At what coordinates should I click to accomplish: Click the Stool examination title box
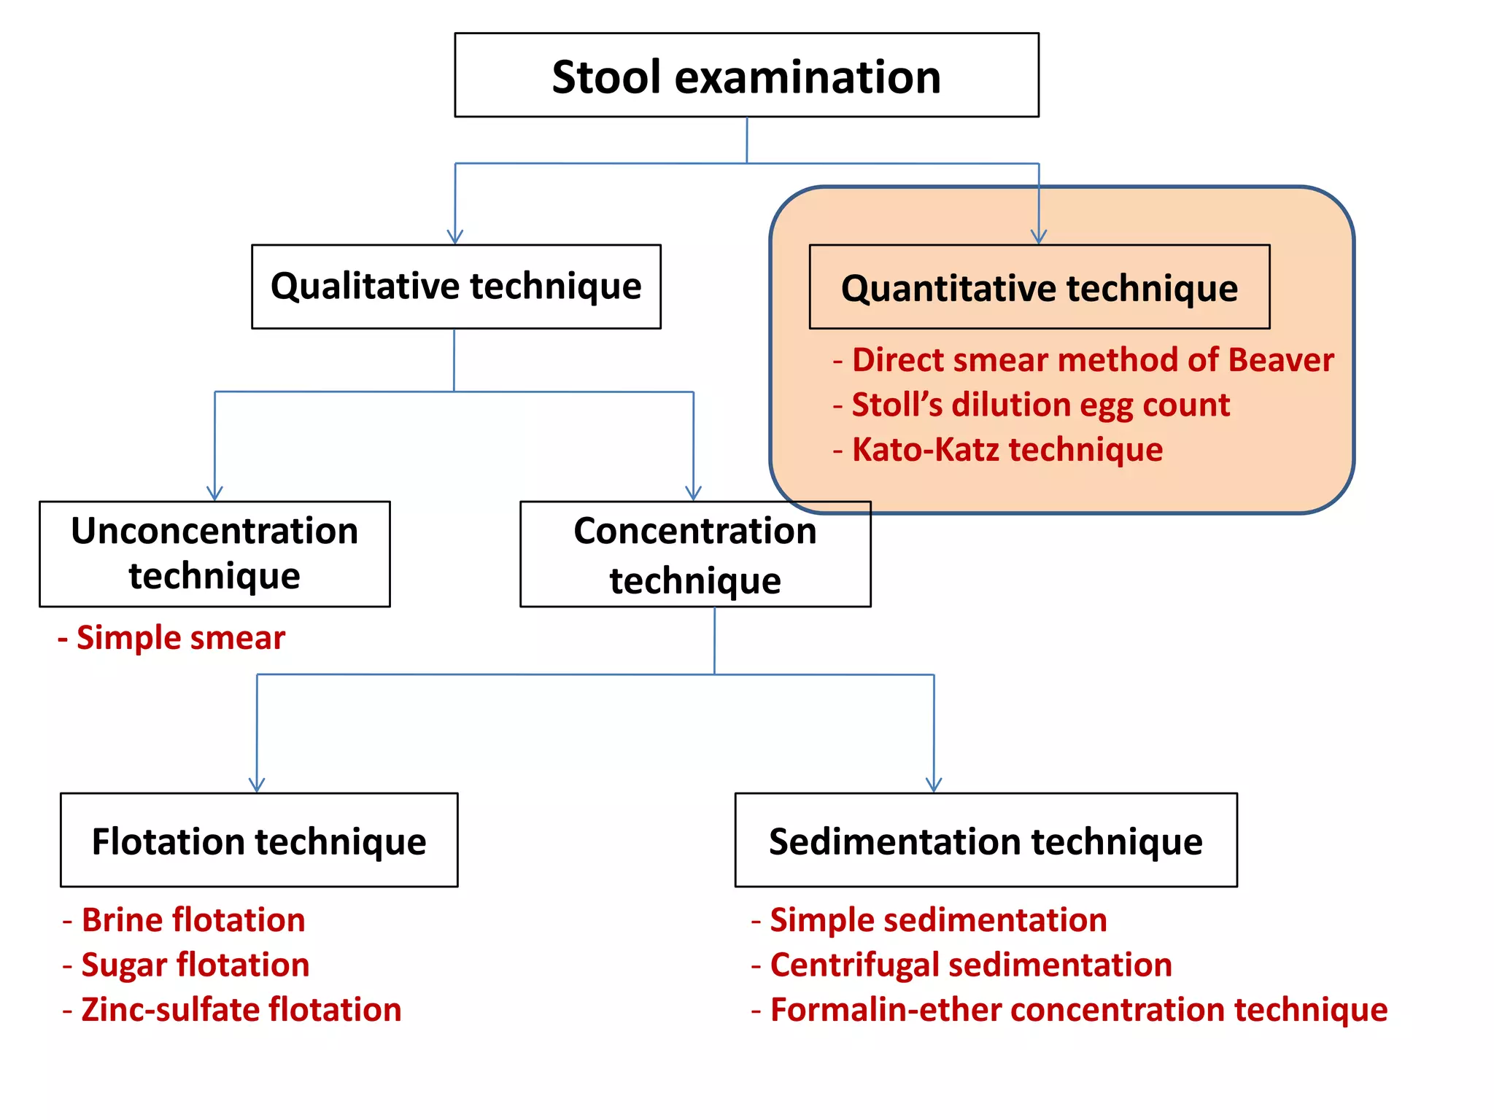746,75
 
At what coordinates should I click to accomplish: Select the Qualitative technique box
456,287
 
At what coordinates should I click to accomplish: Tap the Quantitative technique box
1039,287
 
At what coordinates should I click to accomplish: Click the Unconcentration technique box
214,553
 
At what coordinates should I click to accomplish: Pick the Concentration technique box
694,554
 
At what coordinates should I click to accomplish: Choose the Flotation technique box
259,840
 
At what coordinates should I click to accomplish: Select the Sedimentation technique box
986,840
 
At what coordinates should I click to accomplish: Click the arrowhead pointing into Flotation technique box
257,785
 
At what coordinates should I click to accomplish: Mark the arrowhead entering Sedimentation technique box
934,785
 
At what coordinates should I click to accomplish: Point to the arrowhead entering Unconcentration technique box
214,493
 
